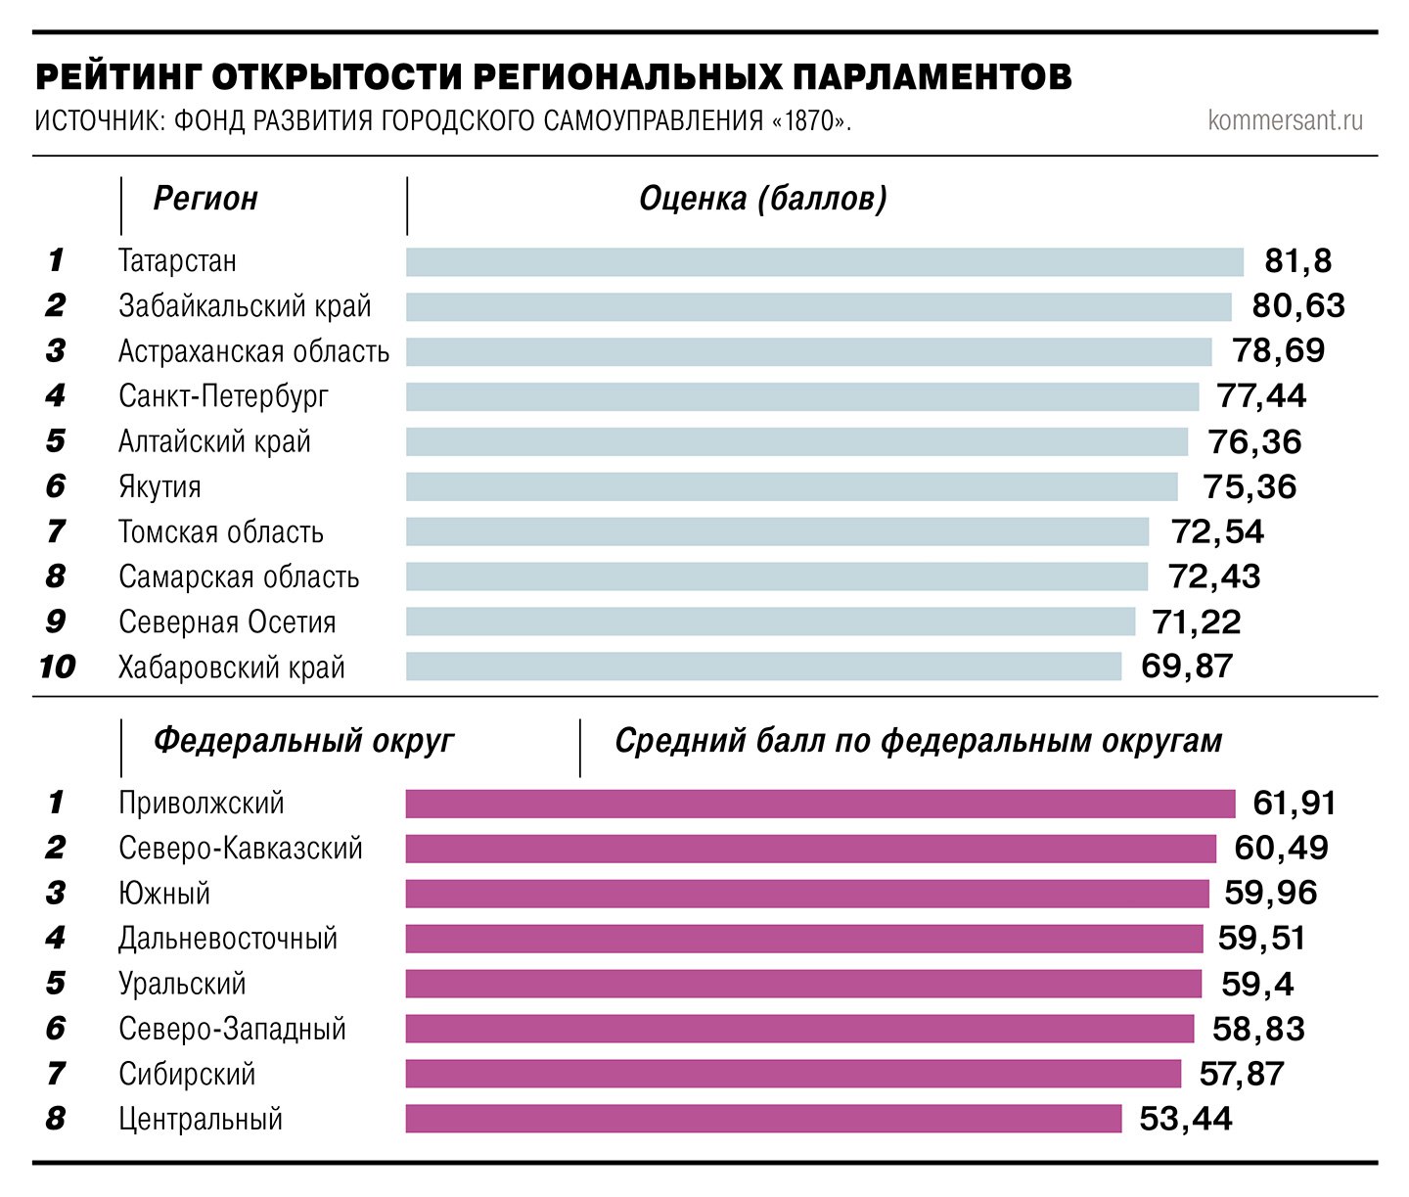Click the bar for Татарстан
824,261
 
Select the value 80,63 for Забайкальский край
1298,306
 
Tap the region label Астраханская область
253,351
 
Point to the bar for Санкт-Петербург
802,396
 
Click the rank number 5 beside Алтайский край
55,441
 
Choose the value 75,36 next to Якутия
1250,486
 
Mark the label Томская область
220,531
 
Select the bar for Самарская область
777,576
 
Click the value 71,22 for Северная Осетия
1196,622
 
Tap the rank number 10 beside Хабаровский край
57,668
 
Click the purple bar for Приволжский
820,804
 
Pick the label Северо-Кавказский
240,849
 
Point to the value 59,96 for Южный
1270,894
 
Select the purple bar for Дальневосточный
804,939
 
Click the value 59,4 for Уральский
1257,984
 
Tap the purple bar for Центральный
763,1119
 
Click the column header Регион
205,199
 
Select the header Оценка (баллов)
762,199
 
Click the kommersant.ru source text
1285,120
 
